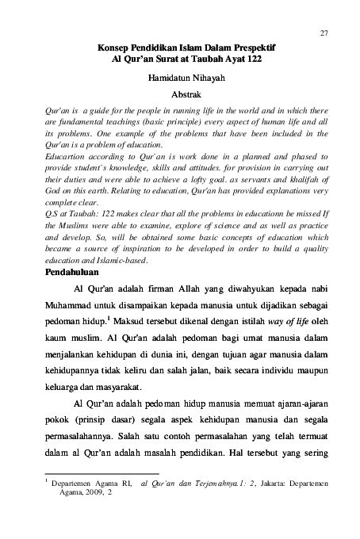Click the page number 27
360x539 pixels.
(324, 32)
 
